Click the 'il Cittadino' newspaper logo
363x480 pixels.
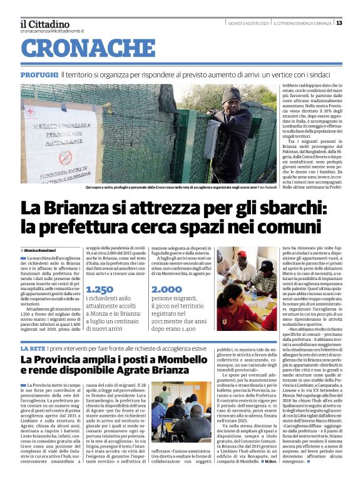[46, 23]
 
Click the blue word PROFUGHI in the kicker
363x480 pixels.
[39, 75]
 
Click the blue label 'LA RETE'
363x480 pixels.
[33, 348]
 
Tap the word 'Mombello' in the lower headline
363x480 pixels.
[166, 360]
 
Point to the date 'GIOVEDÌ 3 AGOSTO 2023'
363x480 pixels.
[248, 23]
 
